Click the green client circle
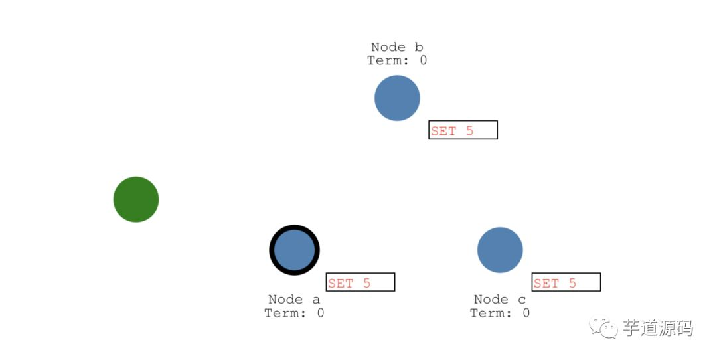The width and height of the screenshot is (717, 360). pos(136,199)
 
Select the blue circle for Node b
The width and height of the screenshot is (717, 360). pos(397,98)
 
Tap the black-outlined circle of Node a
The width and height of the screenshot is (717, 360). pos(294,250)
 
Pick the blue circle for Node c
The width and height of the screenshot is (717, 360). pos(500,250)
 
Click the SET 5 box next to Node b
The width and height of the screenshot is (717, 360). pos(463,130)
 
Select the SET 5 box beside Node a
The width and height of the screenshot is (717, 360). pos(360,282)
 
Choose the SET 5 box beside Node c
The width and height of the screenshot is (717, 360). pos(566,282)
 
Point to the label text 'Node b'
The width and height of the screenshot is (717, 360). pos(397,47)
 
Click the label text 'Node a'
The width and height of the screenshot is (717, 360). pos(294,300)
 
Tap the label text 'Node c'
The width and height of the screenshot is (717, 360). pos(500,300)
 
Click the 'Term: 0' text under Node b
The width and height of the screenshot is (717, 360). pos(397,60)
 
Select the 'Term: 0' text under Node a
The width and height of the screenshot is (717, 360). pos(294,313)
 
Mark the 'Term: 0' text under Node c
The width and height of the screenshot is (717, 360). pos(500,313)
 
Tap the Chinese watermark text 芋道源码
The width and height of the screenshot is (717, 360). pos(657,328)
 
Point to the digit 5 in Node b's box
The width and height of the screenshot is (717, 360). pos(469,131)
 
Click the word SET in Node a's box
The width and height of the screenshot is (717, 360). pos(341,283)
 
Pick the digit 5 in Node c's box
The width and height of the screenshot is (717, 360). pos(572,283)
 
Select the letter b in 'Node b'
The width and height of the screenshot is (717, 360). pos(419,47)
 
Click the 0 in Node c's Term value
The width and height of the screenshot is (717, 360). pos(526,313)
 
